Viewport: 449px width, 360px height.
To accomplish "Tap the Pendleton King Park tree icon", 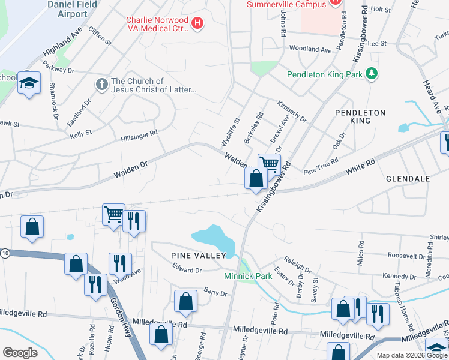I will [373, 74].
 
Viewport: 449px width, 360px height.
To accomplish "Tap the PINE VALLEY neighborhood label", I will [197, 256].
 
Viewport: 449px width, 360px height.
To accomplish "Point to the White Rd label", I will [360, 167].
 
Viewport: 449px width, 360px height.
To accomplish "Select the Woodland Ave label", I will [310, 50].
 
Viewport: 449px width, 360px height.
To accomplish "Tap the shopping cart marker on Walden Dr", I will [270, 164].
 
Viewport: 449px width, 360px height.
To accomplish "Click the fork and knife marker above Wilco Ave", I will [121, 263].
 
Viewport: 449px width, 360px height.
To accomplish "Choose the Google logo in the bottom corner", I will [20, 353].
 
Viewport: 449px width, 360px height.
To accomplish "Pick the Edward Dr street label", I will [187, 270].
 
